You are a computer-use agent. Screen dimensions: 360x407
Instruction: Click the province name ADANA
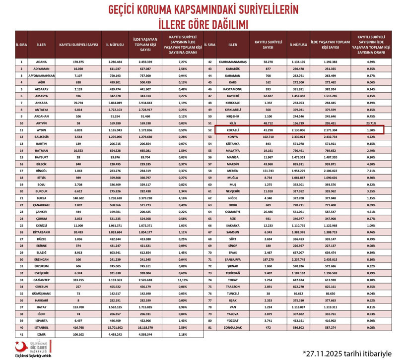41,61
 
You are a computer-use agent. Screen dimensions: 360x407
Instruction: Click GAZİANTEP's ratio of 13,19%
182,280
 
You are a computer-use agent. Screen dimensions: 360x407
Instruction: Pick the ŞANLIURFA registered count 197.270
268,259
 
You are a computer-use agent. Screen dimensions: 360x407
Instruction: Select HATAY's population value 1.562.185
115,307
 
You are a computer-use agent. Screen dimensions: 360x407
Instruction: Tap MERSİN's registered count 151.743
268,170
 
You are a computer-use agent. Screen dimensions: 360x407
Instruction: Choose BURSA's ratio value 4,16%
182,198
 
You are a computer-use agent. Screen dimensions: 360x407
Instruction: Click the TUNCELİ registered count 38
268,294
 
